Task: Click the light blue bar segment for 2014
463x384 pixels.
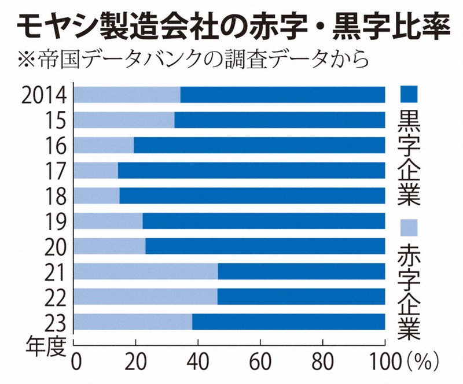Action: tap(127, 95)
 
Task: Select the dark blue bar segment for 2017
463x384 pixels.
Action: tap(252, 171)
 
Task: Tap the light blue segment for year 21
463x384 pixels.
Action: tap(146, 271)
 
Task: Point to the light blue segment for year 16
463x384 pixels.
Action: tap(104, 145)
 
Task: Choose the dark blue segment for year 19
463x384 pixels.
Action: tap(264, 221)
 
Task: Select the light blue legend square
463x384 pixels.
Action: tap(409, 227)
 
